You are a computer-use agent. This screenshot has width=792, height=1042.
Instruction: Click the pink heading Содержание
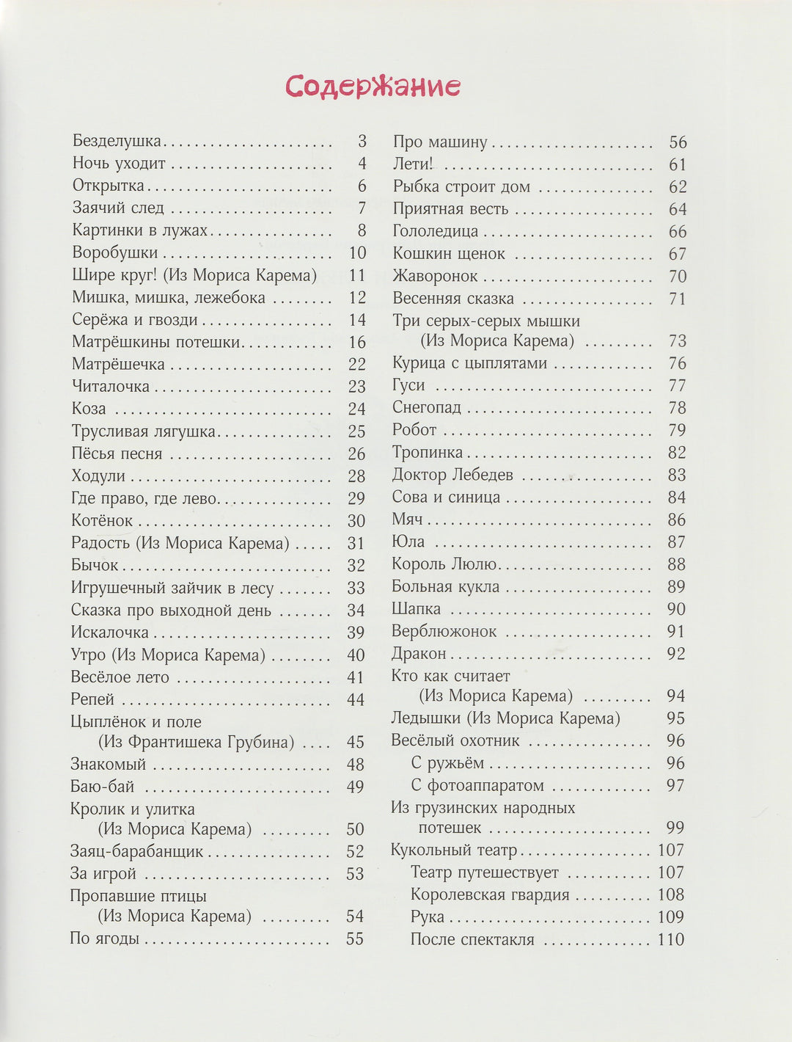[373, 86]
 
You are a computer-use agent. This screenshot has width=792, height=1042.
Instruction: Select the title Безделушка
[117, 141]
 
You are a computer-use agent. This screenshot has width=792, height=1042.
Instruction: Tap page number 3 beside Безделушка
[362, 141]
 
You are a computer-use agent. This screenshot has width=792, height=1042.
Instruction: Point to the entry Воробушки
[115, 252]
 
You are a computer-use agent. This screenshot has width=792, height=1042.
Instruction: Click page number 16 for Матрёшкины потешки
[357, 342]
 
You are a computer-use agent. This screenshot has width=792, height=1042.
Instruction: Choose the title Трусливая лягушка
[144, 431]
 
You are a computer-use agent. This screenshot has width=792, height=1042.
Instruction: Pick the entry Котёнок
[102, 521]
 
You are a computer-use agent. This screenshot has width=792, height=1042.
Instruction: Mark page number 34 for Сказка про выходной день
[356, 611]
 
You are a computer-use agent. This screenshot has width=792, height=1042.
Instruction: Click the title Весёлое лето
[120, 677]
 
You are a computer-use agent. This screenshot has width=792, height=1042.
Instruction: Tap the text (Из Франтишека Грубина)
[196, 742]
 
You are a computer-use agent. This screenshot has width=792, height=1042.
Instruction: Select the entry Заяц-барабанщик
[136, 852]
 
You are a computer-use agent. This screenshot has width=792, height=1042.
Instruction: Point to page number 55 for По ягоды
[355, 939]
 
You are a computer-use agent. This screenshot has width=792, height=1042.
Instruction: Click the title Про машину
[440, 142]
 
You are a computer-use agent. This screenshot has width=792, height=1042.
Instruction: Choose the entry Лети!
[413, 164]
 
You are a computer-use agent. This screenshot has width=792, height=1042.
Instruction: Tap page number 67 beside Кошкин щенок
[678, 254]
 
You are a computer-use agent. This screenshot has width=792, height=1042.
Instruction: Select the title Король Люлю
[444, 564]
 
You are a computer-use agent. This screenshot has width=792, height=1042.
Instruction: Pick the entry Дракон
[419, 653]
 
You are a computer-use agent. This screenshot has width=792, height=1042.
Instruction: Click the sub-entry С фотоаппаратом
[477, 785]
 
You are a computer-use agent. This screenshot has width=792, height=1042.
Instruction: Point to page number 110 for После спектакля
[671, 939]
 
